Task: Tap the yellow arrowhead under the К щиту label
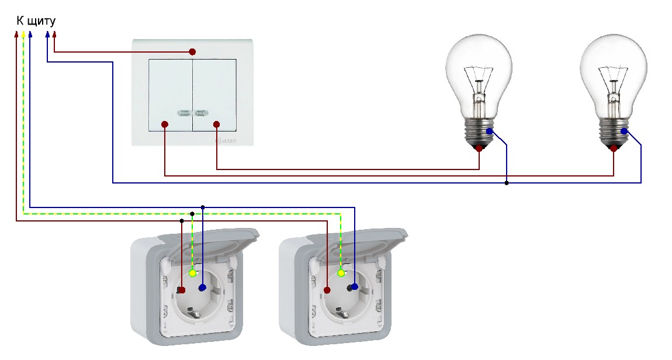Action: [x=23, y=34]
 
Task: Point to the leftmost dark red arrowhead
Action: [x=16, y=34]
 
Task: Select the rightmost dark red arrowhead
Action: [x=54, y=34]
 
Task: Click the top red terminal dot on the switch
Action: [x=192, y=52]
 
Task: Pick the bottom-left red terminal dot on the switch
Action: [x=165, y=124]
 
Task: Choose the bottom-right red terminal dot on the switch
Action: [x=216, y=124]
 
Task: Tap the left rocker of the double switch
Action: [x=171, y=94]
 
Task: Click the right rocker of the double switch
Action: [x=215, y=94]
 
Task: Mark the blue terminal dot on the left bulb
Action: [x=489, y=131]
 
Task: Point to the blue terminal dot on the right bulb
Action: [x=624, y=131]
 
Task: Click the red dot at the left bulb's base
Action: [x=479, y=148]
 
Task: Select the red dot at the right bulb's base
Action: [x=614, y=148]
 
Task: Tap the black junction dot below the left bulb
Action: [x=506, y=184]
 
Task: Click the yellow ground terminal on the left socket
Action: [x=193, y=273]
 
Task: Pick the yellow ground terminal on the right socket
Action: [x=341, y=273]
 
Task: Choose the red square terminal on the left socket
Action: [x=182, y=289]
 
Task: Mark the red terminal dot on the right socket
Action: [x=327, y=289]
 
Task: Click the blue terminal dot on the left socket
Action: [x=202, y=288]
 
